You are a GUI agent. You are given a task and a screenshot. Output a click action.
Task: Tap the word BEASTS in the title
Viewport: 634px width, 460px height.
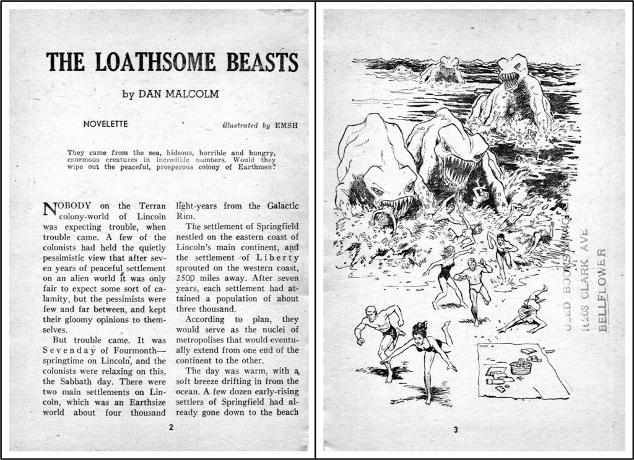[262, 63]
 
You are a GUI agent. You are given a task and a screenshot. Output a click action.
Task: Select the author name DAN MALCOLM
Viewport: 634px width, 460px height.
[178, 94]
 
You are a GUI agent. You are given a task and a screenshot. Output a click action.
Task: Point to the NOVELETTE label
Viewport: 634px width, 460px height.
[105, 124]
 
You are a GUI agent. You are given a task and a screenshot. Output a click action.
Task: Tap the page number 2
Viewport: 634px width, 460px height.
[171, 427]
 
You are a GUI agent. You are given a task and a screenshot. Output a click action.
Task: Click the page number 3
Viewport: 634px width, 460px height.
[456, 430]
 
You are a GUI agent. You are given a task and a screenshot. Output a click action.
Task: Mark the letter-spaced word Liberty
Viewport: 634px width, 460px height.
[279, 258]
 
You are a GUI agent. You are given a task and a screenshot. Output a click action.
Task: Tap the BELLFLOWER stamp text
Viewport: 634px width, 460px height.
[604, 290]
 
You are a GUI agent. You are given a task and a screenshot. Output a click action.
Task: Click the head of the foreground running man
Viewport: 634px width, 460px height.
[370, 313]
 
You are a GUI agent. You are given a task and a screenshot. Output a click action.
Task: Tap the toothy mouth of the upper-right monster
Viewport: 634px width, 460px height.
[510, 79]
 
